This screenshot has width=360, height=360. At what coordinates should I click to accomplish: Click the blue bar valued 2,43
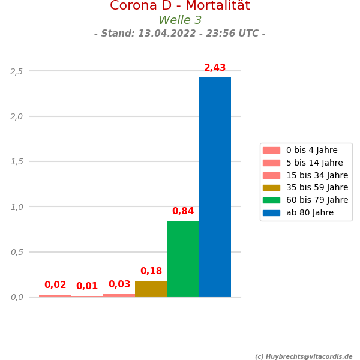pos(215,187)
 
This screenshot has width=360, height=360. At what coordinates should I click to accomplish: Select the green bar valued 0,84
pos(183,259)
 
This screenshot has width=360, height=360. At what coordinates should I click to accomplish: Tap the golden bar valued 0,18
pos(151,289)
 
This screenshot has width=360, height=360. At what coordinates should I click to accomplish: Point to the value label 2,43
pos(215,68)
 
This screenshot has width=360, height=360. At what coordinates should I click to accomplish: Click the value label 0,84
pos(183,211)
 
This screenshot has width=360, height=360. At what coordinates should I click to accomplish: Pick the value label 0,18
pos(151,271)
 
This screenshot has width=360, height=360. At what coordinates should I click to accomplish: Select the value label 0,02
pos(55,285)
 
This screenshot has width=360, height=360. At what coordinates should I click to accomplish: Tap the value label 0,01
pos(87,286)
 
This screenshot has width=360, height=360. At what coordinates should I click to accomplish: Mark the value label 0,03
pos(119,284)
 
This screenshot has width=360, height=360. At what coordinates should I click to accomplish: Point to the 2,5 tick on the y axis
pos(17,71)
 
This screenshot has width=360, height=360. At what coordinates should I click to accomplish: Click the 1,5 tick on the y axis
pos(17,161)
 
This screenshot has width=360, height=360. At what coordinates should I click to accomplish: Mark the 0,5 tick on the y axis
pos(17,252)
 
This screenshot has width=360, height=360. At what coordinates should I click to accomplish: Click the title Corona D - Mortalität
pos(180,6)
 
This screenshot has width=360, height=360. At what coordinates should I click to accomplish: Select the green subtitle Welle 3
pos(180,20)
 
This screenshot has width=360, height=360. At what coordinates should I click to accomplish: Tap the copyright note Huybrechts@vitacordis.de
pos(304,356)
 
